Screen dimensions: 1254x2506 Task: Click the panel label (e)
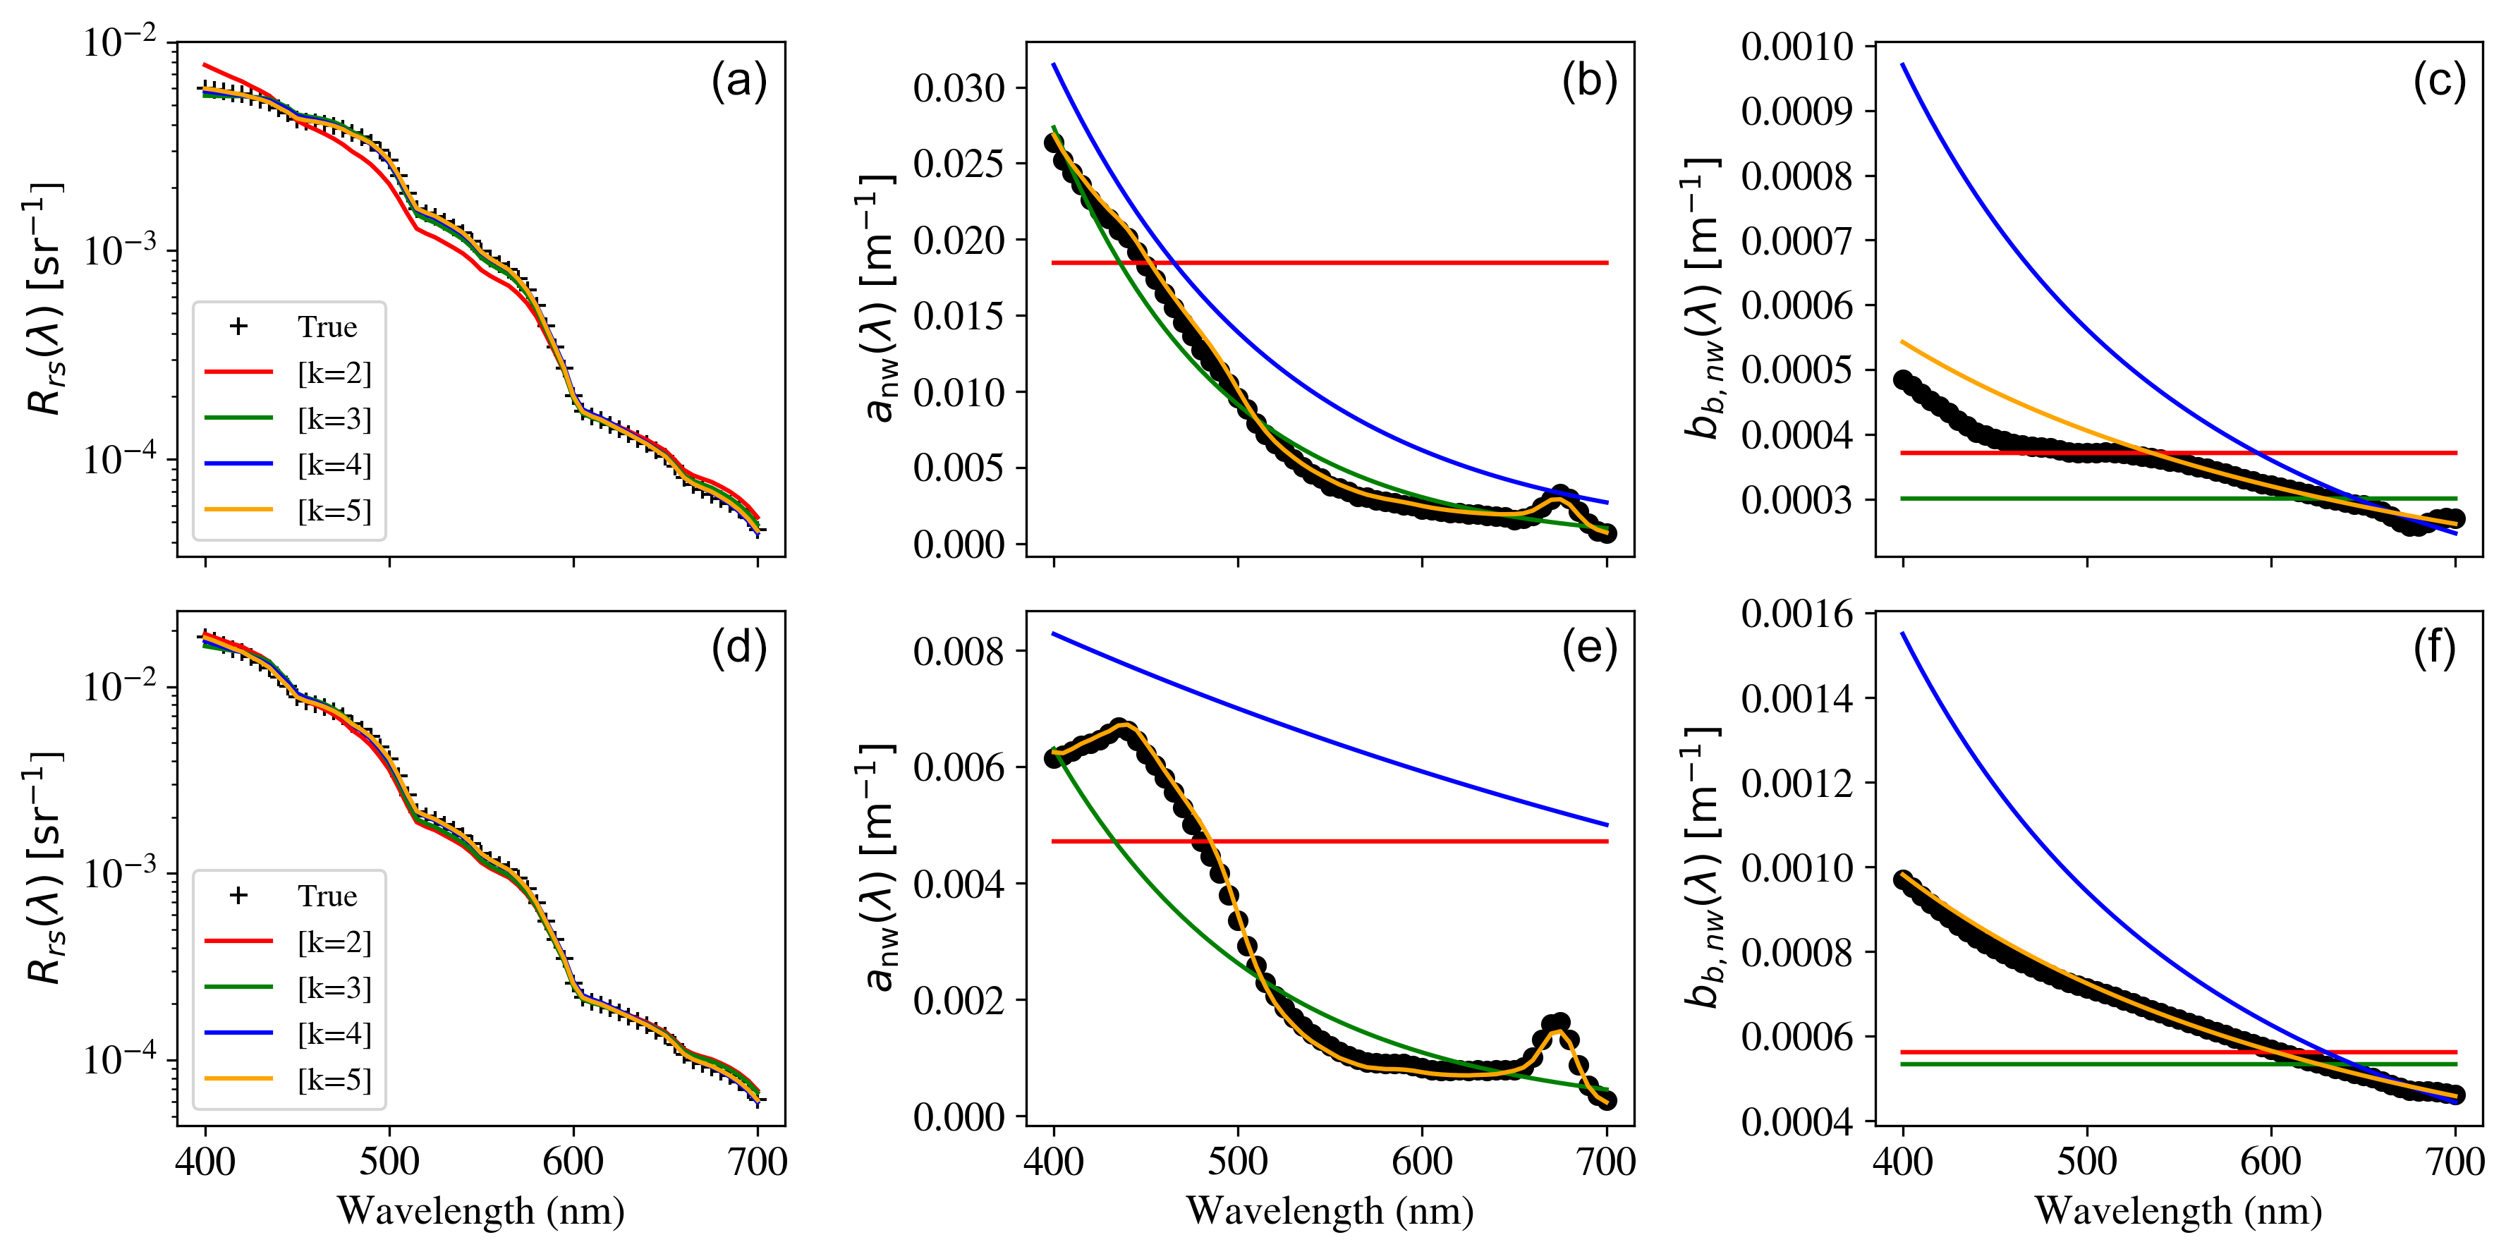pos(1588,649)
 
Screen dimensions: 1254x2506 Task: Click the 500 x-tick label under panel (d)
pos(389,1162)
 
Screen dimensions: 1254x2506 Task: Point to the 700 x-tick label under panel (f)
pos(2455,1162)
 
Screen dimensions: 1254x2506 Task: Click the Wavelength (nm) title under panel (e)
pos(1329,1211)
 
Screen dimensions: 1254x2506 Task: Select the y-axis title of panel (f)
pos(1703,867)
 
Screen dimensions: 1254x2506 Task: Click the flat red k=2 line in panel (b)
pos(1362,262)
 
